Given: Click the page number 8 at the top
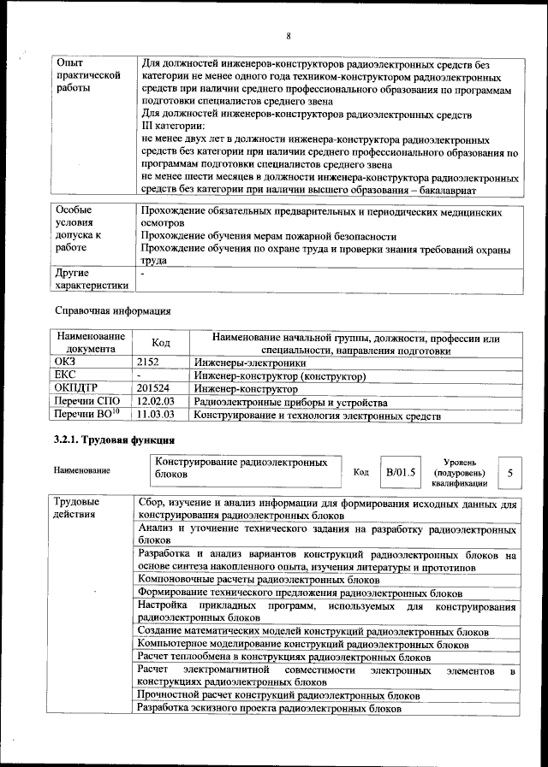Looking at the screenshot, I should point(289,35).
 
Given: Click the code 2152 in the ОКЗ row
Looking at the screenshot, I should point(149,363).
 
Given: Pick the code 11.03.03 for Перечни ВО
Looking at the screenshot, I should point(155,416).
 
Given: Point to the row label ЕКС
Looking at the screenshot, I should point(65,376).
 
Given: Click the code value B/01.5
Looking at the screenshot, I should point(400,471).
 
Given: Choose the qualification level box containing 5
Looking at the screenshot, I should point(510,472).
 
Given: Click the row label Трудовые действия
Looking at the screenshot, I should point(76,508).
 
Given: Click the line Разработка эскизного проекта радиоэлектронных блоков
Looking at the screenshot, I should point(268,709).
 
